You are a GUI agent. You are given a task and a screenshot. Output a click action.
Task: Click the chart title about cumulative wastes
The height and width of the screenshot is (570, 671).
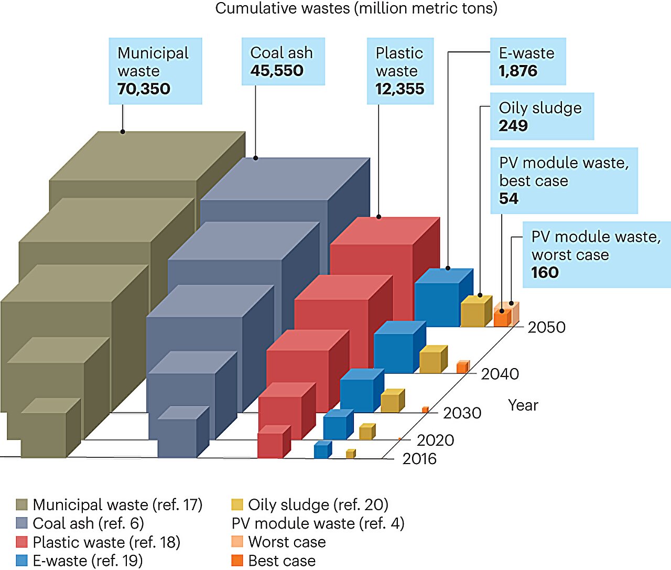pyautogui.click(x=356, y=8)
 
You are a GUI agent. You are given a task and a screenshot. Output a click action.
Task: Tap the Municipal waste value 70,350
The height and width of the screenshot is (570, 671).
pyautogui.click(x=144, y=89)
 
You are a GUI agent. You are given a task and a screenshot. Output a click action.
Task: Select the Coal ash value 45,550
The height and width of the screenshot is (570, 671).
pyautogui.click(x=277, y=70)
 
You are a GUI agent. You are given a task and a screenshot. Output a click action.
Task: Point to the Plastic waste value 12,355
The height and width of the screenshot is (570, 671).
pyautogui.click(x=399, y=89)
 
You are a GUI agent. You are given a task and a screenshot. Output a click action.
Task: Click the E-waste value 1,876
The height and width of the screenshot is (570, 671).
pyautogui.click(x=518, y=71)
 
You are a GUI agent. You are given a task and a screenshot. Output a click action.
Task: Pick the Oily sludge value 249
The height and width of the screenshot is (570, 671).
pyautogui.click(x=513, y=126)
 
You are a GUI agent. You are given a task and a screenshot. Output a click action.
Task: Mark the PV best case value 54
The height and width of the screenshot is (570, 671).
pyautogui.click(x=508, y=199)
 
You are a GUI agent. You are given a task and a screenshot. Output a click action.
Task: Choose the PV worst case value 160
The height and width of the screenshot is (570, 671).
pyautogui.click(x=545, y=273)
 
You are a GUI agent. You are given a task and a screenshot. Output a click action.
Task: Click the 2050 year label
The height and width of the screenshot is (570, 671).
pyautogui.click(x=547, y=327)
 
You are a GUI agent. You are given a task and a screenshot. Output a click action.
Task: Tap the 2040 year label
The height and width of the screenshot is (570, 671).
pyautogui.click(x=500, y=374)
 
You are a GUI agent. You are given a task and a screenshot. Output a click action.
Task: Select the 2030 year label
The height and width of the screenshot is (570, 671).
pyautogui.click(x=462, y=413)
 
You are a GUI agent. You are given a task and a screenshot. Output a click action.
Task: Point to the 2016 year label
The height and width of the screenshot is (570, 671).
pyautogui.click(x=419, y=459)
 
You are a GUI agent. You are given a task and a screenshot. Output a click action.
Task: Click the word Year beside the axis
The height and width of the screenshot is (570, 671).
pyautogui.click(x=523, y=405)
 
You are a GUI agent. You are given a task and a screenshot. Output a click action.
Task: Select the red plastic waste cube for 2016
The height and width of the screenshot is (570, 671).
pyautogui.click(x=270, y=445)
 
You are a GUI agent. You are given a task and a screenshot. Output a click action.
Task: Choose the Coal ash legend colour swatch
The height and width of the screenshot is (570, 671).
pyautogui.click(x=22, y=523)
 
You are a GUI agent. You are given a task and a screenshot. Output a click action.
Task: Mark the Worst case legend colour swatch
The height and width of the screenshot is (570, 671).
pyautogui.click(x=237, y=542)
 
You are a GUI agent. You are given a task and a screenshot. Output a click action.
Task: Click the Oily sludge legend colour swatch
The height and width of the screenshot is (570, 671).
pyautogui.click(x=237, y=505)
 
